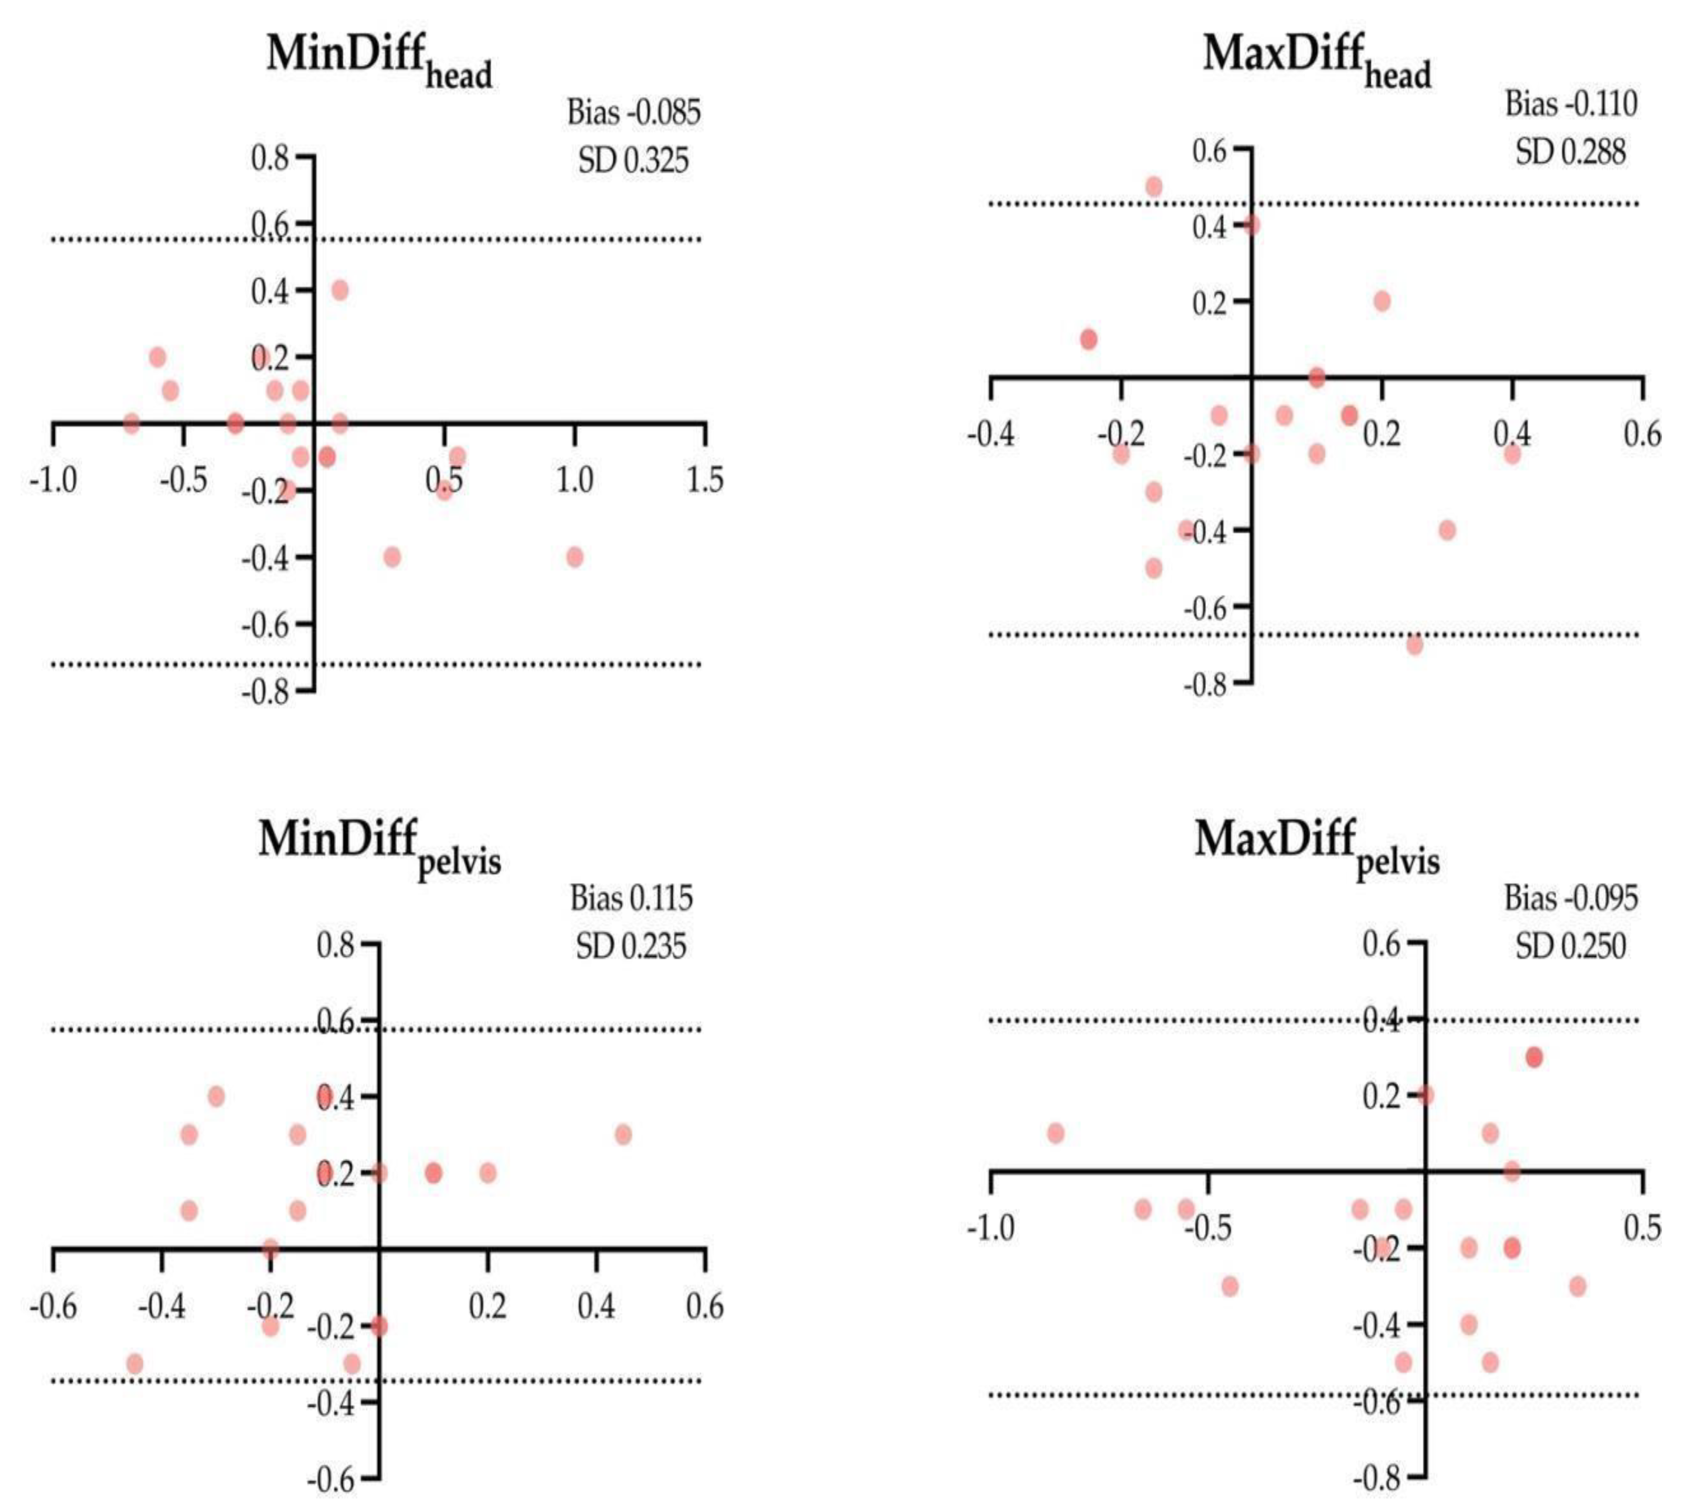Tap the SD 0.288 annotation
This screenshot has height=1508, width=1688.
(x=1570, y=152)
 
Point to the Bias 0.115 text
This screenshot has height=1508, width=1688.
(x=630, y=898)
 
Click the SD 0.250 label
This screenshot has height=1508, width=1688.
(x=1570, y=946)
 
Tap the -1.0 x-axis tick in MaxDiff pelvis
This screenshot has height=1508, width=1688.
(x=990, y=1227)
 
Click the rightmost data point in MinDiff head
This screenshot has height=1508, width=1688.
(x=574, y=557)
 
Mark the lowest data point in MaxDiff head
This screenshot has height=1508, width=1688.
(x=1414, y=644)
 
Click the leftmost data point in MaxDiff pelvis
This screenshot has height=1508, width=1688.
(x=1055, y=1133)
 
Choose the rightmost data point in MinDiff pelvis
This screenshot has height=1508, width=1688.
(x=623, y=1134)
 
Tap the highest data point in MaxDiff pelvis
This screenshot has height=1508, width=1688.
(x=1534, y=1057)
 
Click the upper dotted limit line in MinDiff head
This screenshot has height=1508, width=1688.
(x=497, y=240)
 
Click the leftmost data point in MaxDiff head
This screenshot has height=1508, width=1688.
(x=1089, y=339)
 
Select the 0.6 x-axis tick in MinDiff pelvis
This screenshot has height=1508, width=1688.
(x=704, y=1307)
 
